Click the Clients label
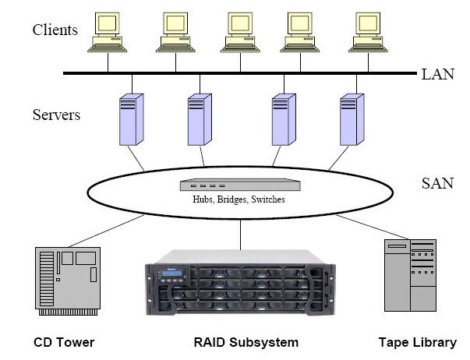click(x=55, y=30)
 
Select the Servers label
click(x=57, y=115)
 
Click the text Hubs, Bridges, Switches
click(x=239, y=199)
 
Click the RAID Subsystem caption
click(x=246, y=342)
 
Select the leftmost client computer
click(x=108, y=33)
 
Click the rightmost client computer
click(x=369, y=33)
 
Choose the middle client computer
click(x=242, y=33)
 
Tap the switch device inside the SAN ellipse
click(x=238, y=185)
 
